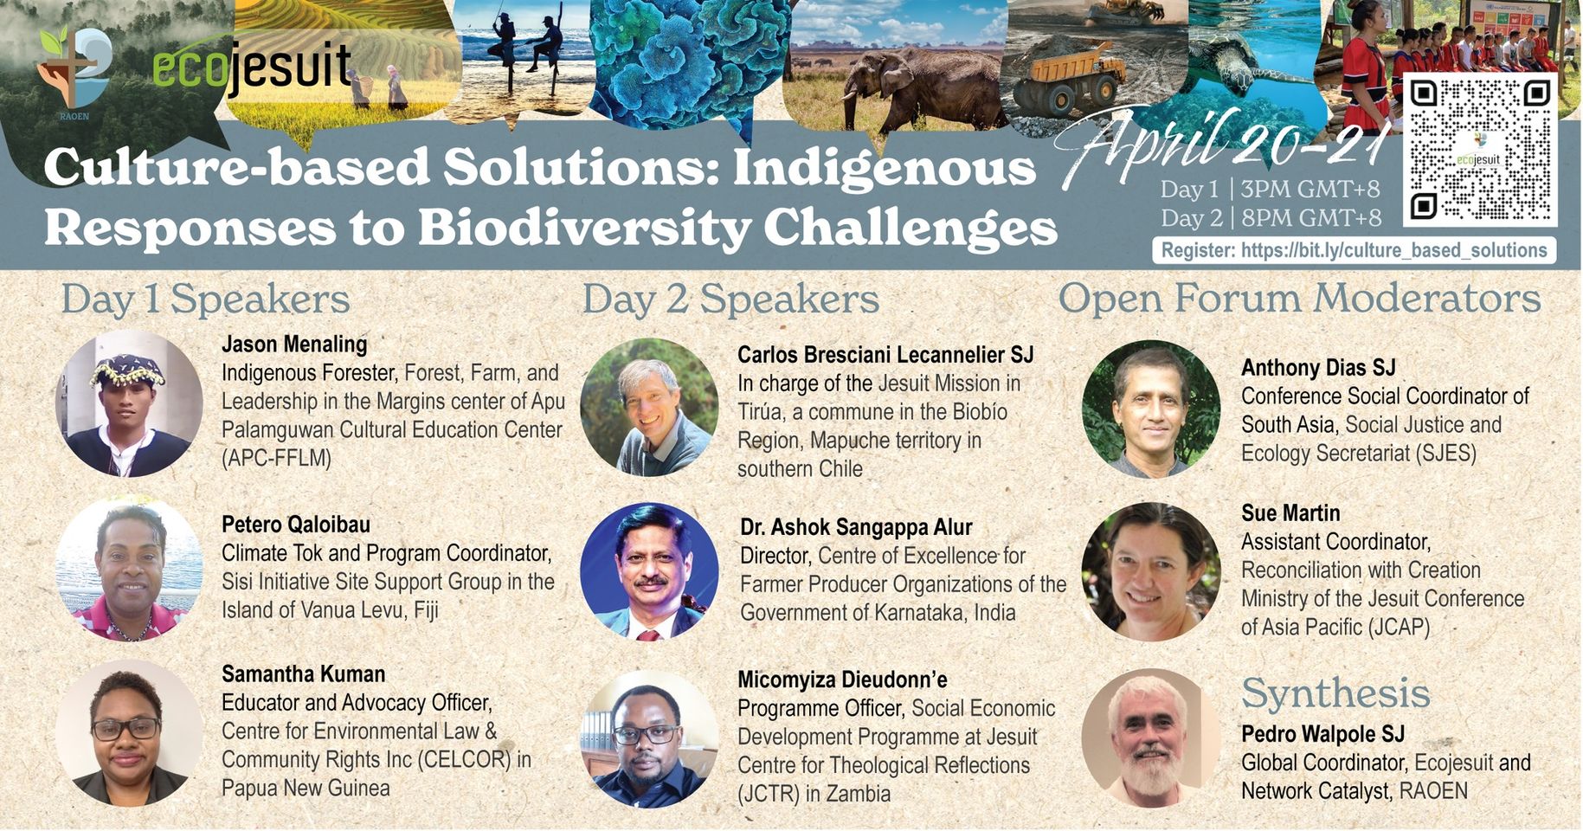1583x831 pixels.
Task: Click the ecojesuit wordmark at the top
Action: pyautogui.click(x=252, y=67)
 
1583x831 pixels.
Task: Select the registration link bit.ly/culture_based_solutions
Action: pyautogui.click(x=1393, y=250)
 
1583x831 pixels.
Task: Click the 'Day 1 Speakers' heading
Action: pyautogui.click(x=205, y=300)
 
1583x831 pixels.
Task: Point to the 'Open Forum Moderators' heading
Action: pyautogui.click(x=1299, y=298)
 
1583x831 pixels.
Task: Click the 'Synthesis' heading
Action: pyautogui.click(x=1335, y=692)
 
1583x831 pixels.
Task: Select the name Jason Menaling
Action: pyautogui.click(x=294, y=344)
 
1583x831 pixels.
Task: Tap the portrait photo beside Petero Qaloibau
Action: pyautogui.click(x=129, y=569)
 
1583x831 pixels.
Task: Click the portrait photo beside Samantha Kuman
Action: pyautogui.click(x=129, y=732)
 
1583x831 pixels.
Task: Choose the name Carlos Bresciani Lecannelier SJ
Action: pyautogui.click(x=885, y=354)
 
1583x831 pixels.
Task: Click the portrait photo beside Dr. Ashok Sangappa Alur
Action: pyautogui.click(x=649, y=571)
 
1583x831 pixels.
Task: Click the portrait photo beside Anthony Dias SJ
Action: pyautogui.click(x=1151, y=409)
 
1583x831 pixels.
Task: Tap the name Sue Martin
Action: pyautogui.click(x=1290, y=512)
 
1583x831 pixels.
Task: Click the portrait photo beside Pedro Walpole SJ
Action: pyautogui.click(x=1151, y=738)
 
